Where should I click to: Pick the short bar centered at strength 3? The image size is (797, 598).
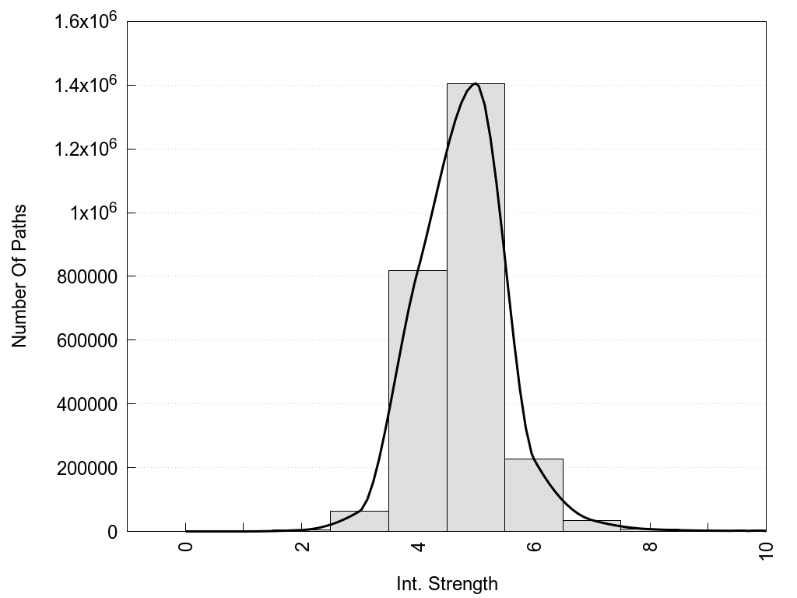(x=359, y=522)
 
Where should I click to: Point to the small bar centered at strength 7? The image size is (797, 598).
(x=592, y=526)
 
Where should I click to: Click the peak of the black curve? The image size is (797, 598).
(x=476, y=83)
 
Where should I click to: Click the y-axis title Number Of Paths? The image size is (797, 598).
(x=19, y=276)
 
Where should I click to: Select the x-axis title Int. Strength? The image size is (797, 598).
(x=447, y=583)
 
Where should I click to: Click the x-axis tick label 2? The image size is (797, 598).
(x=302, y=546)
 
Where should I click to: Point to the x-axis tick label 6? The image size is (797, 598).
(x=534, y=546)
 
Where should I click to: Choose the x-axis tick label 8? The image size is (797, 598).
(x=650, y=546)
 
